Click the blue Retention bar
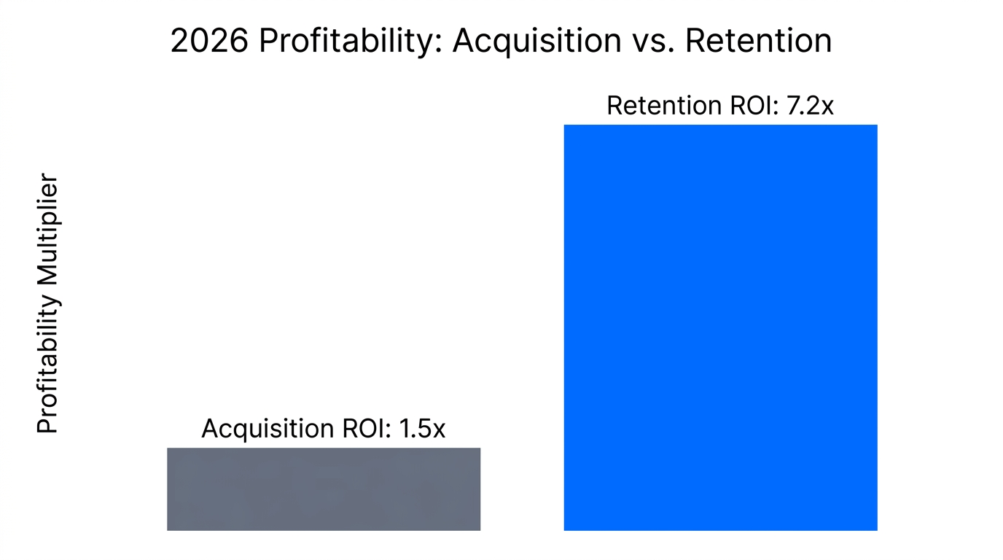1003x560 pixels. [x=720, y=327]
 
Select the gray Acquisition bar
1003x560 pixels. [x=324, y=489]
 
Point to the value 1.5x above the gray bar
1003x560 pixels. [x=421, y=429]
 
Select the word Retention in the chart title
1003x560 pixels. [x=758, y=42]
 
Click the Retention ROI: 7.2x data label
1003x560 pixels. [x=719, y=106]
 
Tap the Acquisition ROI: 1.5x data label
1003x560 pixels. [x=323, y=429]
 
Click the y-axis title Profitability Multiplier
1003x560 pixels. [x=47, y=303]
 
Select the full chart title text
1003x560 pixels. [x=501, y=42]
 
